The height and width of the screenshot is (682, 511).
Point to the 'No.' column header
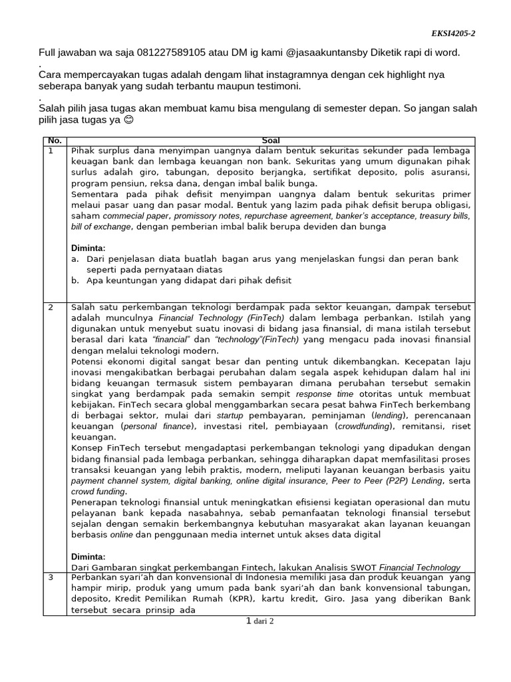tap(54, 141)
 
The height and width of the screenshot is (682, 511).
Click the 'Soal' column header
tap(271, 141)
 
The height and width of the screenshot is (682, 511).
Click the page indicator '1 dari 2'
tap(260, 621)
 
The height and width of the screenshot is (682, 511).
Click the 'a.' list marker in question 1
tap(75, 258)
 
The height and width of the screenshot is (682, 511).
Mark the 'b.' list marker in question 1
tap(75, 280)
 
